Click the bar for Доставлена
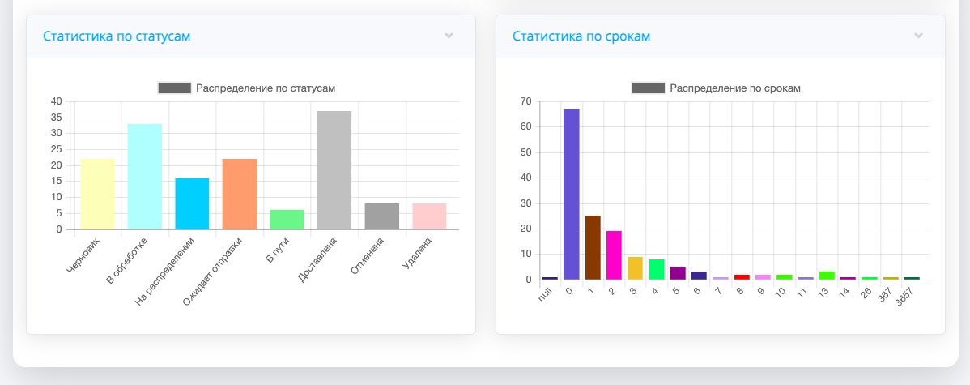coord(334,170)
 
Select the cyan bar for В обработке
coord(145,177)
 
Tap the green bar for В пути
coord(287,220)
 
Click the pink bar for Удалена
coord(428,216)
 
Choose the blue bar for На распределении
coord(192,203)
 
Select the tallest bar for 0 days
coord(572,194)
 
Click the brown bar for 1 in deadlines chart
coord(593,247)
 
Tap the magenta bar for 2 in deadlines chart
coord(614,255)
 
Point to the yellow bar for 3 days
coord(635,268)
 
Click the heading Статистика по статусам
coord(117,36)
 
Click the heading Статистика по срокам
coord(581,36)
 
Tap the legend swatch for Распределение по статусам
coord(175,88)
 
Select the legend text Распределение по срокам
coord(734,88)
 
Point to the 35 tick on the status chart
coord(56,118)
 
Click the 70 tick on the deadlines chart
coord(525,101)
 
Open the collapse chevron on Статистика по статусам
coord(449,36)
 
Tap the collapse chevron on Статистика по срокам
coord(918,36)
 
